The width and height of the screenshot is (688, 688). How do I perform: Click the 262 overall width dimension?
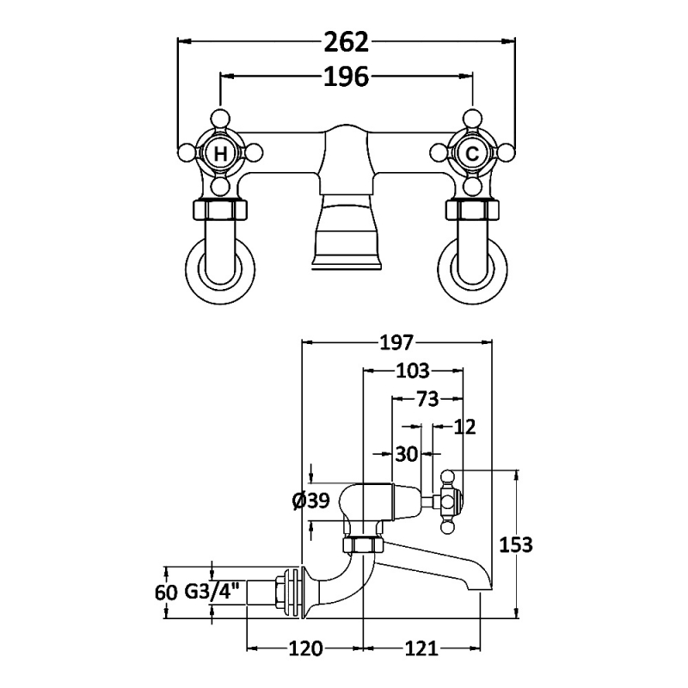pyautogui.click(x=346, y=41)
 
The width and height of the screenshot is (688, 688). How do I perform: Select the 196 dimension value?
pyautogui.click(x=346, y=77)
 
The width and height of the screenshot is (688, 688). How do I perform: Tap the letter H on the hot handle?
pyautogui.click(x=221, y=155)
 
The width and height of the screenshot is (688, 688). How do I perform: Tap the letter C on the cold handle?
pyautogui.click(x=471, y=155)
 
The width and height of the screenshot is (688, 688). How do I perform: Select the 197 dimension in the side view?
pyautogui.click(x=396, y=343)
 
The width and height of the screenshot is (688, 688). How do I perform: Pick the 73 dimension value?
pyautogui.click(x=427, y=399)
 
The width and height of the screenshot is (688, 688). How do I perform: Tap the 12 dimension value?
pyautogui.click(x=464, y=427)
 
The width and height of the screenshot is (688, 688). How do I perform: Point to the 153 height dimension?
pyautogui.click(x=516, y=544)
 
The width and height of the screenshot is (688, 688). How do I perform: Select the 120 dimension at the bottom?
pyautogui.click(x=304, y=648)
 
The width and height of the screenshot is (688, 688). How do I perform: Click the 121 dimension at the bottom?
pyautogui.click(x=421, y=648)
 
